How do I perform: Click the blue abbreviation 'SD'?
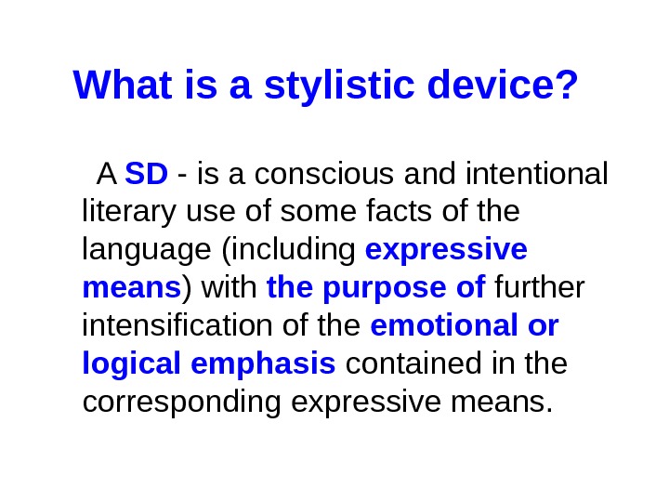point(146,174)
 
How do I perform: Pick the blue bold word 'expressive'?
point(447,251)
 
